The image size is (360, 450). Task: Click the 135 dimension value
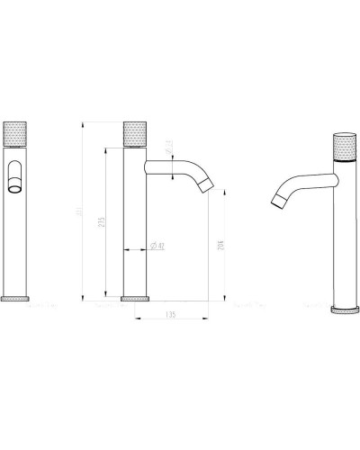[171, 315]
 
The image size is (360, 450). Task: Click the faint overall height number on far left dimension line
[81, 211]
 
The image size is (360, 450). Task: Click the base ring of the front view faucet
[18, 297]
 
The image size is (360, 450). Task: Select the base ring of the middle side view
[134, 297]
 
